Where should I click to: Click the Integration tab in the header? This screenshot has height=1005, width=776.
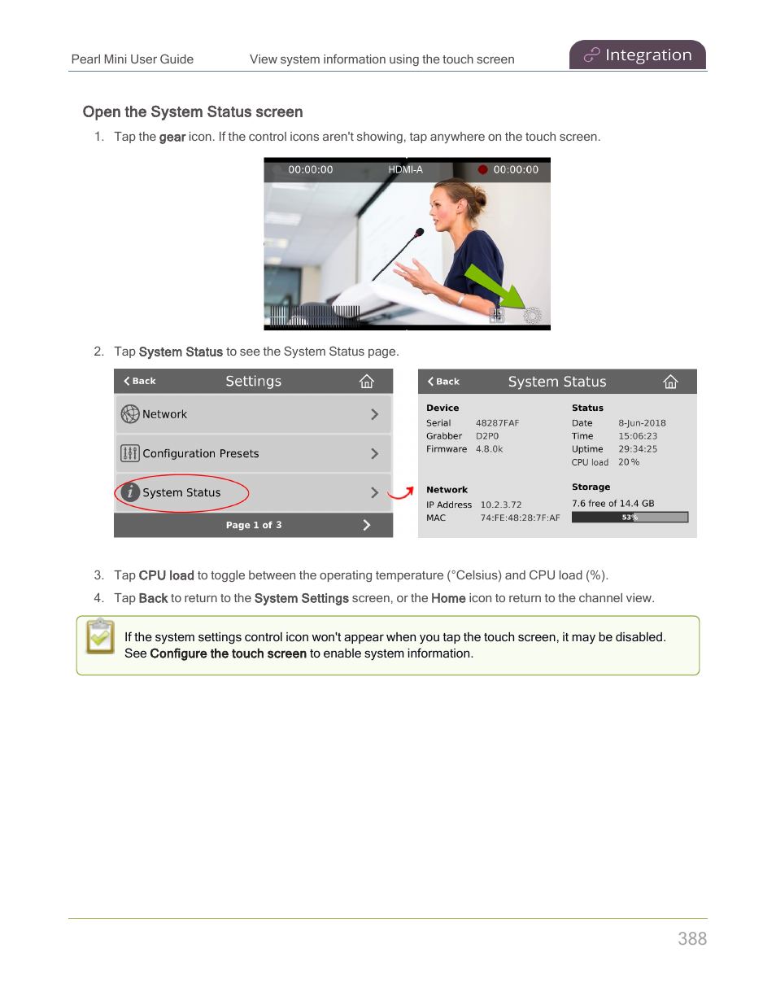638,55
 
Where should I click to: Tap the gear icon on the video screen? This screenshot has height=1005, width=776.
532,316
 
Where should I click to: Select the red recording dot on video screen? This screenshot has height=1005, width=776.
482,170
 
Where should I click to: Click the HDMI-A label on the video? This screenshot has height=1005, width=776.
405,170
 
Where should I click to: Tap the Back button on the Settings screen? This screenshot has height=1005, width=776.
140,381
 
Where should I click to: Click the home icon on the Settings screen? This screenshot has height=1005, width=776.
367,381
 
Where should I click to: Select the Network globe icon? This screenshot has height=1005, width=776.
130,414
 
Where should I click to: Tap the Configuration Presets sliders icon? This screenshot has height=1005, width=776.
130,453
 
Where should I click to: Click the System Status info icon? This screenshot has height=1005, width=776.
130,492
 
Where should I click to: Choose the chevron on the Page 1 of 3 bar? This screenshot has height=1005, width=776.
367,525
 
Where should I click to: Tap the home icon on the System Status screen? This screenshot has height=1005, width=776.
670,382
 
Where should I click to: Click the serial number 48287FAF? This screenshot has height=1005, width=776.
497,423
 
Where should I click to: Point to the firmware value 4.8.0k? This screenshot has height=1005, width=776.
489,449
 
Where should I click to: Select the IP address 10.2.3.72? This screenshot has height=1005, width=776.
501,505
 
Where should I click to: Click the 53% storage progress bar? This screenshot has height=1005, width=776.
630,518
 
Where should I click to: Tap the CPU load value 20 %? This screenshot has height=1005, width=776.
629,462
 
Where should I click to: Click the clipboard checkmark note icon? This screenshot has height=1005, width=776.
100,636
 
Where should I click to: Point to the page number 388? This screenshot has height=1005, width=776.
692,939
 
